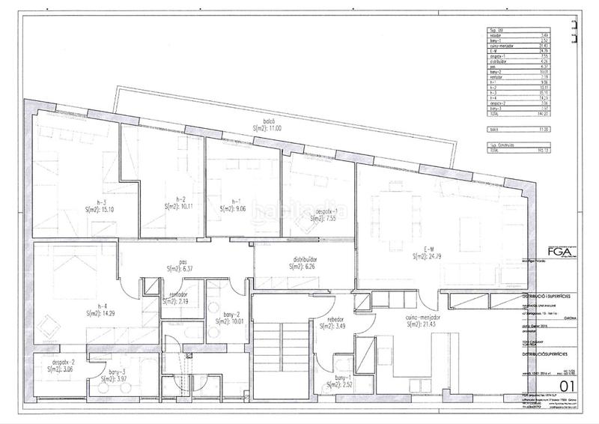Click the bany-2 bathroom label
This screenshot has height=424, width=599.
point(232,314)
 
